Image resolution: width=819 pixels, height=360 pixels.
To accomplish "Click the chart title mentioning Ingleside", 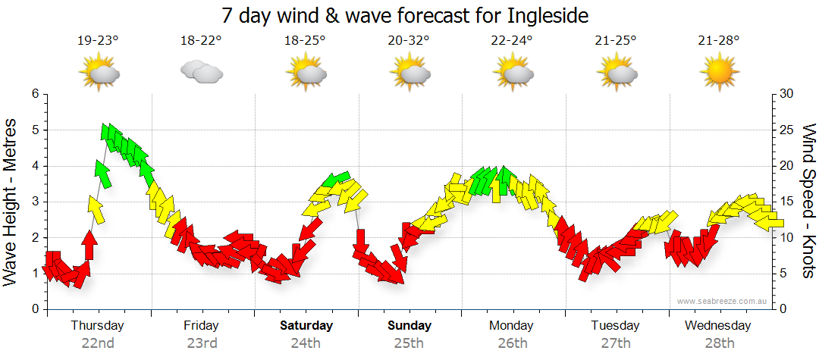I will tap(405, 15).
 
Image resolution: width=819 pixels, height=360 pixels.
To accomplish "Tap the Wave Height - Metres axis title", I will tap(11, 201).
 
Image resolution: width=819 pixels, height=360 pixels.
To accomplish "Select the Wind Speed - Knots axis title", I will tap(808, 201).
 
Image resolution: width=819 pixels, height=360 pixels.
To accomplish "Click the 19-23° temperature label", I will tap(98, 42).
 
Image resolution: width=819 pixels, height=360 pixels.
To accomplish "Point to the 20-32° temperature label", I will tap(409, 42).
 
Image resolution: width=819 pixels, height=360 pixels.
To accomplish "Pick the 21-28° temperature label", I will tap(719, 42).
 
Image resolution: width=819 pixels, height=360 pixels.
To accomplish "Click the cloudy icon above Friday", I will tap(201, 72).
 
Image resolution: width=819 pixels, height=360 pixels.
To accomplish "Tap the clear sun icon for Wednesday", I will tap(719, 73).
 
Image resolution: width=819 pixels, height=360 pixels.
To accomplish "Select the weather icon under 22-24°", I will tap(513, 73).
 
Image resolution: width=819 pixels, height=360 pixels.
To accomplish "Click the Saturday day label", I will tap(306, 326).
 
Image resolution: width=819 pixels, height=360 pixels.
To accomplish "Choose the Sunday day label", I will tap(409, 326).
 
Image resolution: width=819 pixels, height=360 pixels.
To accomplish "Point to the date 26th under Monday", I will tap(513, 343).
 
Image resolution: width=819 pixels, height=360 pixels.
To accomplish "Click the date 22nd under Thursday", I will tap(98, 343).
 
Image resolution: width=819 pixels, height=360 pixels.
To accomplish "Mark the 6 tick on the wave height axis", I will tap(34, 94).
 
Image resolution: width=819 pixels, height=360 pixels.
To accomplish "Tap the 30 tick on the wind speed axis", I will tap(786, 94).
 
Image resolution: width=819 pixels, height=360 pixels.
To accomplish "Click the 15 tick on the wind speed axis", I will tap(786, 202).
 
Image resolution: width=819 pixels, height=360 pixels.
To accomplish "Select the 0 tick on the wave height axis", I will tap(34, 309).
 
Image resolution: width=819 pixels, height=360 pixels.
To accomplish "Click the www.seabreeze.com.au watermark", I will tap(723, 301).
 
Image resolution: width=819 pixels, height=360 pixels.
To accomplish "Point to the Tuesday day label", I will tap(616, 326).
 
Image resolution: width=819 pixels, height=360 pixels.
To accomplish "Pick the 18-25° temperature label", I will tap(305, 42).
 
